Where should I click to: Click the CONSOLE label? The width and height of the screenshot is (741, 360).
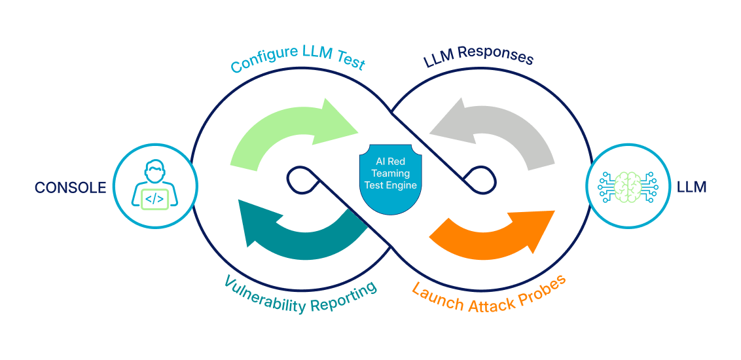tap(70, 187)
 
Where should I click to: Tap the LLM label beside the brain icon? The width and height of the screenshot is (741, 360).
tap(691, 187)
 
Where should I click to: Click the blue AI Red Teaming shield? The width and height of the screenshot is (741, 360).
tap(391, 180)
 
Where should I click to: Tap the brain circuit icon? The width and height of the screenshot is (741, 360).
tap(628, 186)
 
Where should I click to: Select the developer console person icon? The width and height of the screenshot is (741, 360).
tap(154, 185)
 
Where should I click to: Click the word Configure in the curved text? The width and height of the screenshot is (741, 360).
tap(258, 62)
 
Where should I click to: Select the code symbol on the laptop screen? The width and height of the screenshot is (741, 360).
tap(154, 198)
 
